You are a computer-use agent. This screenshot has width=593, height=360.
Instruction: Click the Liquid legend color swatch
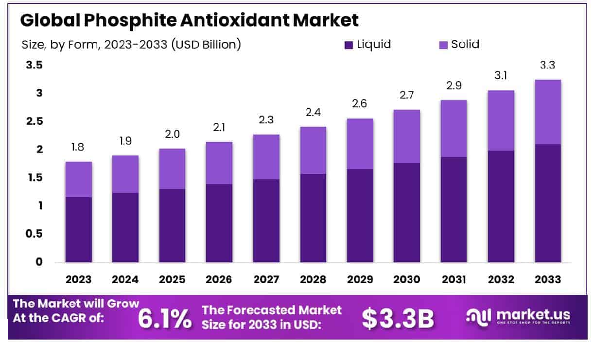click(x=349, y=45)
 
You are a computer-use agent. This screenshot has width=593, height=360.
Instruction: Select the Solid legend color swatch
click(x=443, y=45)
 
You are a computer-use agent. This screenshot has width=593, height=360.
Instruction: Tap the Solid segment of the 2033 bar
click(x=548, y=112)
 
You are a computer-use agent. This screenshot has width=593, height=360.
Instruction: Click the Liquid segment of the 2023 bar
click(x=79, y=229)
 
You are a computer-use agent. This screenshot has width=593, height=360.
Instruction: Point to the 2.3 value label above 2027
click(x=266, y=120)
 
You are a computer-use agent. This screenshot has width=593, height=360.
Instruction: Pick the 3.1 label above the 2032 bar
click(x=501, y=75)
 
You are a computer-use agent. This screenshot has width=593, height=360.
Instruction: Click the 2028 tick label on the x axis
click(x=314, y=279)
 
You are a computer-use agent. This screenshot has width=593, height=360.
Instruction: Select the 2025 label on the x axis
click(x=172, y=279)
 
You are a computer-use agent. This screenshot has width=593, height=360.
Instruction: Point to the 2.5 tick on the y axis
click(x=34, y=121)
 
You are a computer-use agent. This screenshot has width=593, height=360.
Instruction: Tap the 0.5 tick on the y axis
click(x=34, y=234)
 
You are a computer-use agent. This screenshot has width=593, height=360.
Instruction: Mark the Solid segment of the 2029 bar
click(x=360, y=144)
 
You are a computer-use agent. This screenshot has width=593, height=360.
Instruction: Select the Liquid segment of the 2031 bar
click(x=454, y=209)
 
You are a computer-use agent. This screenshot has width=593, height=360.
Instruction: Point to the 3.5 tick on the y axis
click(x=34, y=65)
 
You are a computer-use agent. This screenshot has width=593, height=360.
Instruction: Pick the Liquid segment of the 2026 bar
click(x=219, y=223)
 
